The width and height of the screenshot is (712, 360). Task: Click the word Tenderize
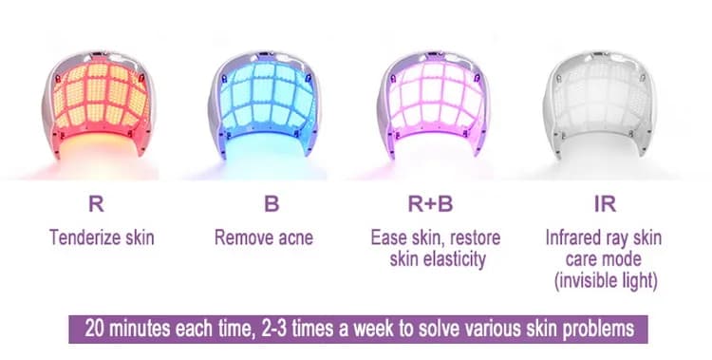[78, 237]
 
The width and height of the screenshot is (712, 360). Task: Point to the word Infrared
[578, 237]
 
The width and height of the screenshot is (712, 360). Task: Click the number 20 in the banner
[95, 330]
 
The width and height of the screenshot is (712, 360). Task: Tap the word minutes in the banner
[146, 330]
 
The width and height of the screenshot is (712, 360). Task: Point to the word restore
[476, 237]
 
